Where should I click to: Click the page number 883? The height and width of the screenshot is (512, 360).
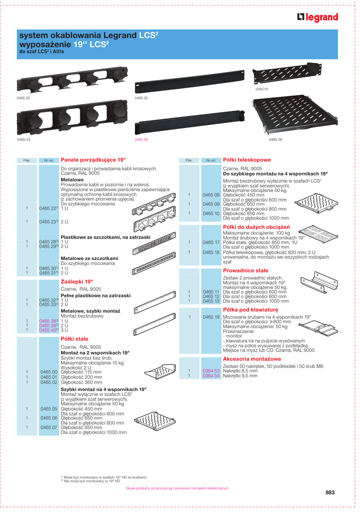pyautogui.click(x=329, y=492)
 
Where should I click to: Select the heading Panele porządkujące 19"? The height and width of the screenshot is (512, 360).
pyautogui.click(x=93, y=159)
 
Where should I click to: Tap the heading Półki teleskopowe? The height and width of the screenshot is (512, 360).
pyautogui.click(x=246, y=159)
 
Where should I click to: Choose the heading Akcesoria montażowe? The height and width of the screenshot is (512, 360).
pyautogui.click(x=245, y=359)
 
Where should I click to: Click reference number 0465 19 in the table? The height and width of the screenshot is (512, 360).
pyautogui.click(x=211, y=317)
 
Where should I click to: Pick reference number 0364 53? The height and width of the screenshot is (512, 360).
pyautogui.click(x=211, y=370)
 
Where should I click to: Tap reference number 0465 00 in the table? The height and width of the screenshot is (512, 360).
pyautogui.click(x=49, y=372)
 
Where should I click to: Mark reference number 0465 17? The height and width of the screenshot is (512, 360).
pyautogui.click(x=211, y=242)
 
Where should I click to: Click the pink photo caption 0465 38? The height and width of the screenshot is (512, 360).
pyautogui.click(x=141, y=139)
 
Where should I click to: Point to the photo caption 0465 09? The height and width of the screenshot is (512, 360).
pyautogui.click(x=275, y=139)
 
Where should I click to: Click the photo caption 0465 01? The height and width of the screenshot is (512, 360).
pyautogui.click(x=262, y=88)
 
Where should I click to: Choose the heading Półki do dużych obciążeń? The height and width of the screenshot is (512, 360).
pyautogui.click(x=252, y=227)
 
